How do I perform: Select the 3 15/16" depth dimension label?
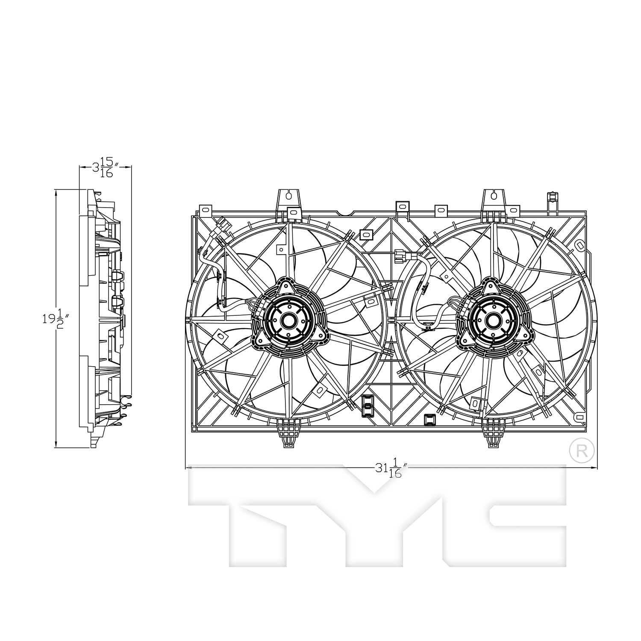coord(106,167)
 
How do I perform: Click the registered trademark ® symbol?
coord(582,450)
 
